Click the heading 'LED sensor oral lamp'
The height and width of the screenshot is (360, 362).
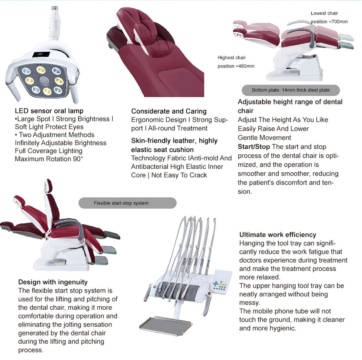tap(49, 111)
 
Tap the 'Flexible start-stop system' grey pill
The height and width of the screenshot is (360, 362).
tap(127, 203)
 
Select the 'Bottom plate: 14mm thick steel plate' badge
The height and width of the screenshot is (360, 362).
tap(290, 90)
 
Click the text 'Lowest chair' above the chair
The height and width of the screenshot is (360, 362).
tap(324, 13)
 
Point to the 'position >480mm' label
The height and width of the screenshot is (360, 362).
tap(236, 66)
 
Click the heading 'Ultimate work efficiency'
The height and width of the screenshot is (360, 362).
tap(278, 235)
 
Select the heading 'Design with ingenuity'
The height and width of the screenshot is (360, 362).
tap(53, 282)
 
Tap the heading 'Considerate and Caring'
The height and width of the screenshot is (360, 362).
tap(169, 111)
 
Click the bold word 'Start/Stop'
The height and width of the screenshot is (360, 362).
tap(254, 147)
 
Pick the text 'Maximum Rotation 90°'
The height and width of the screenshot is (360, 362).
tap(48, 159)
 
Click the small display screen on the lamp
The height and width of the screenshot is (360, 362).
tap(40, 54)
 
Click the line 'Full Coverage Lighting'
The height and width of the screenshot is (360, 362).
tap(48, 151)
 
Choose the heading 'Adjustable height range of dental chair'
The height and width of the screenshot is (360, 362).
tap(290, 106)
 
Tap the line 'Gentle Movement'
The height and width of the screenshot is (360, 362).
tap(264, 138)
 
